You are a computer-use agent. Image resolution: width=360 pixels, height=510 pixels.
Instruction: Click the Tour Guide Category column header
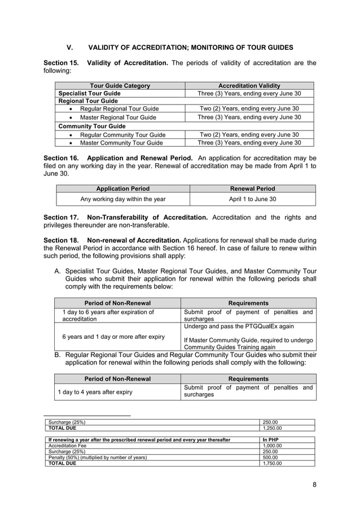click(120, 85)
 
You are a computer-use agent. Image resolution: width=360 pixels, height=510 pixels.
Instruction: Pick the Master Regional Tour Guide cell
click(118, 117)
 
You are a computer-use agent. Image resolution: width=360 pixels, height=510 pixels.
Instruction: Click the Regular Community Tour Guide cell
click(122, 134)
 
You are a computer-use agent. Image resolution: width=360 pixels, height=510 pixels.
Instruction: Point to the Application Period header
click(123, 189)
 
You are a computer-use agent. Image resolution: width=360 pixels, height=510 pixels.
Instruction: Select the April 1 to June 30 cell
click(252, 199)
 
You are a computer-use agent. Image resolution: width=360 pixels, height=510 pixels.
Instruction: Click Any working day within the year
click(123, 199)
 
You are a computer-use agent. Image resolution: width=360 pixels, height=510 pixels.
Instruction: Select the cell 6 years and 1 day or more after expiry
click(113, 337)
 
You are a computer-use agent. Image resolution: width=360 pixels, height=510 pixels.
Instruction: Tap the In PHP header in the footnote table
click(271, 439)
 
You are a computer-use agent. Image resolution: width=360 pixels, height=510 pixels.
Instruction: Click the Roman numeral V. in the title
click(71, 47)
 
